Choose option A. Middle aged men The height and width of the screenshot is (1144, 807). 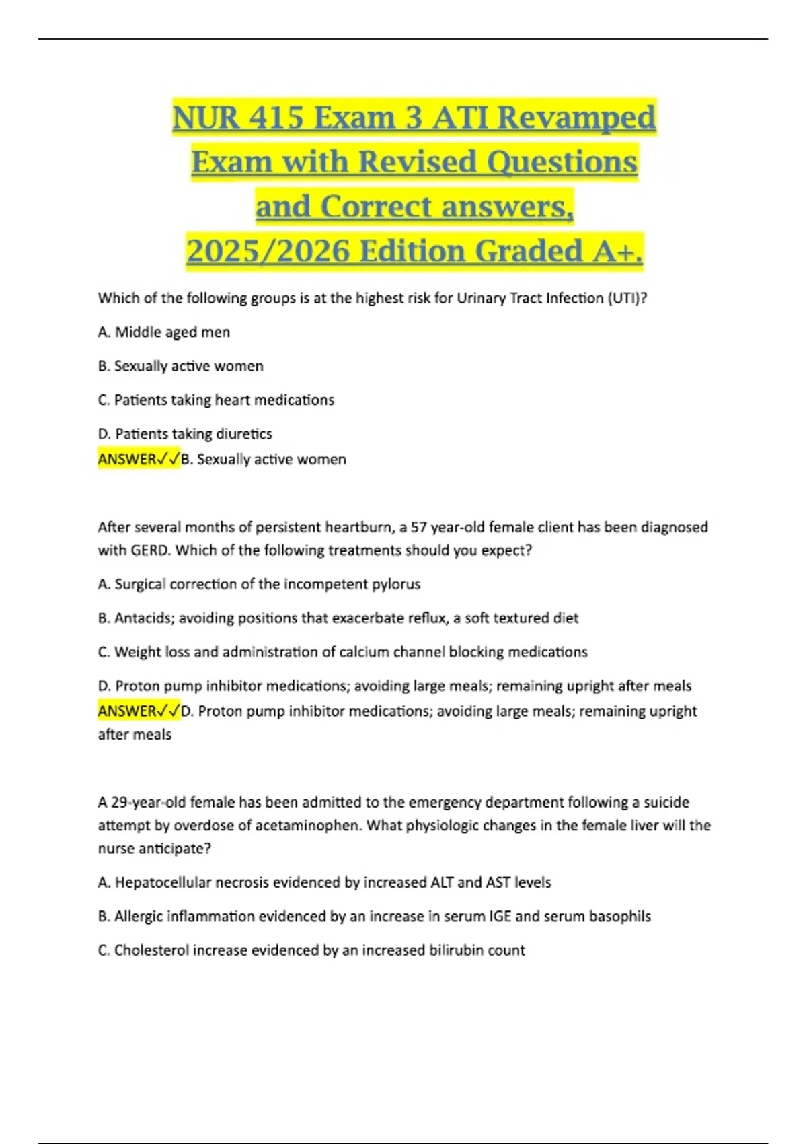pos(164,332)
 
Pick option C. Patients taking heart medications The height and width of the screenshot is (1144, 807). pos(216,400)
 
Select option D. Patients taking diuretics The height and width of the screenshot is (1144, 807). pos(185,434)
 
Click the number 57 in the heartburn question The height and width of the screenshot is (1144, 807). pos(419,528)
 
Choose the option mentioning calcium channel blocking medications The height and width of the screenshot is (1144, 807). pos(343,652)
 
